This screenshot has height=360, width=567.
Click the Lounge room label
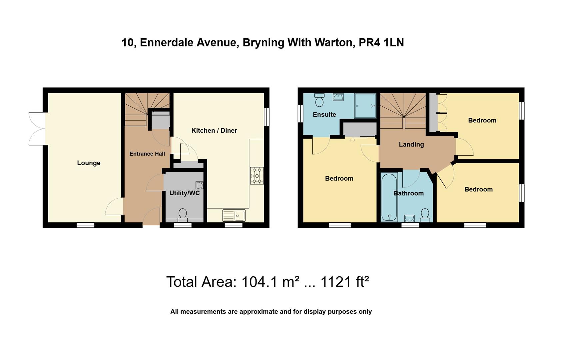[x=89, y=163]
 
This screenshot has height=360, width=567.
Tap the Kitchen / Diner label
[x=214, y=131]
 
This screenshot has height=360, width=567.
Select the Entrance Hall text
[x=147, y=154]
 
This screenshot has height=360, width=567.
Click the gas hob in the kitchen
[x=257, y=176]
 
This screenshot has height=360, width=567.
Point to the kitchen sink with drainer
[x=234, y=215]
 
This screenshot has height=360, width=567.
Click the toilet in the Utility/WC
[x=183, y=215]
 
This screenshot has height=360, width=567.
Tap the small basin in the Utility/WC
[x=199, y=185]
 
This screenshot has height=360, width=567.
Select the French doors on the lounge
[x=37, y=129]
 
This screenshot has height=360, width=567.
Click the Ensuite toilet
[x=319, y=100]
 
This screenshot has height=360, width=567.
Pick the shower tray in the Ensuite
[x=365, y=106]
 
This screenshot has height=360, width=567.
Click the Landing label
[x=411, y=144]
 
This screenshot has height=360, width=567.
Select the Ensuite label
[x=324, y=115]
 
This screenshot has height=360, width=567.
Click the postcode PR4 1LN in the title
[x=381, y=43]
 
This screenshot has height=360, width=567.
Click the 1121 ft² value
[x=344, y=282]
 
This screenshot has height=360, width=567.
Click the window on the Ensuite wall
[x=300, y=114]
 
